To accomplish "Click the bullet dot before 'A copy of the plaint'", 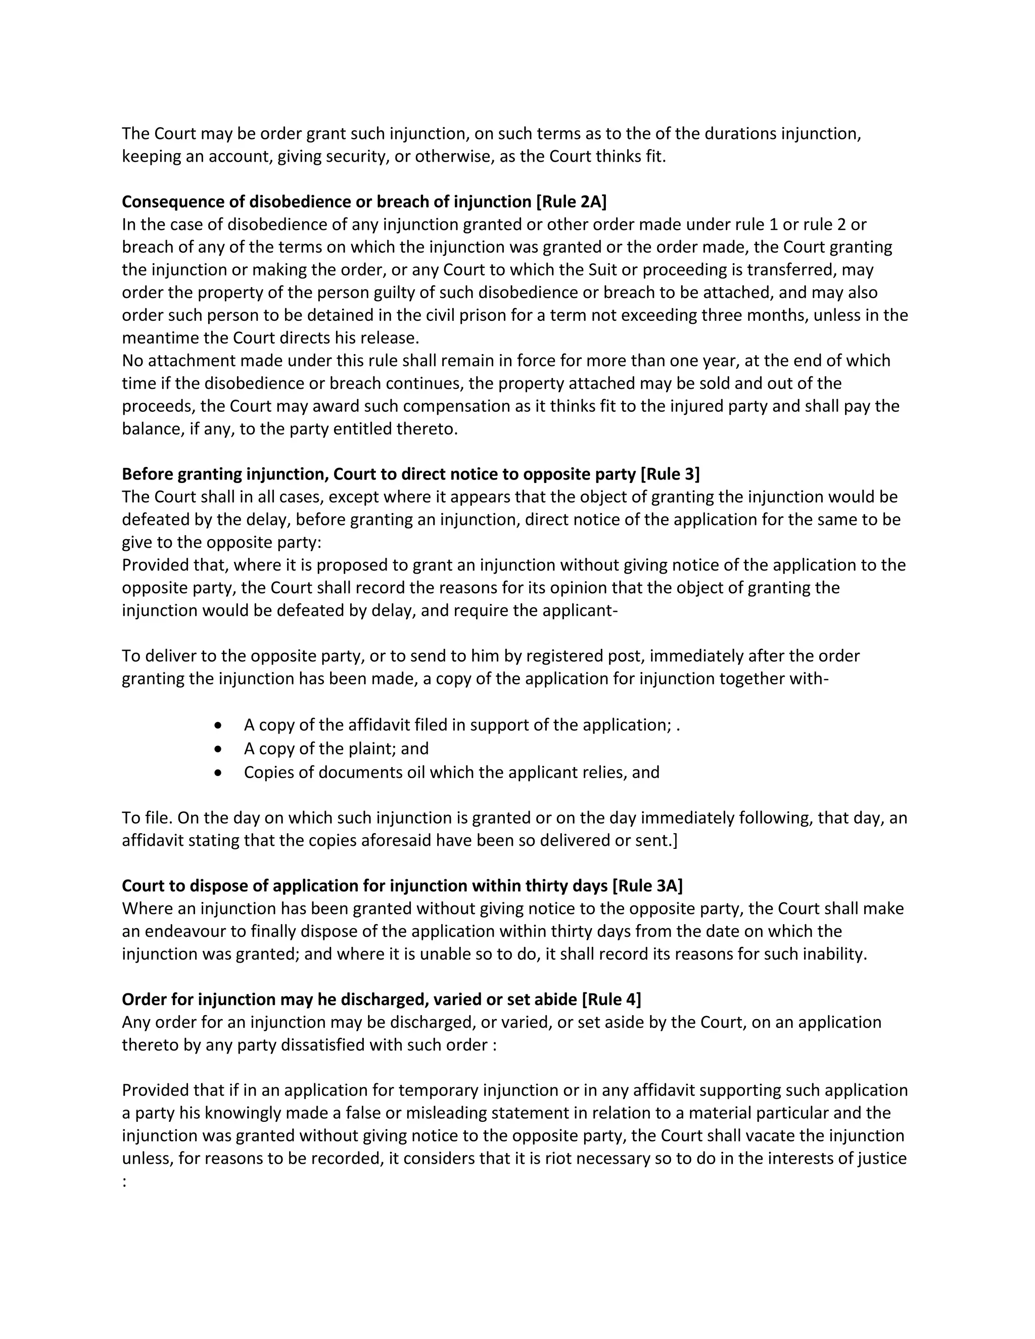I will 218,749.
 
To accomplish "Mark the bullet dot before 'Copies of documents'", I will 218,773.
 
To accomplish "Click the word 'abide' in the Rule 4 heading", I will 555,999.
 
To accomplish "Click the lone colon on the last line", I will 124,1182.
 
